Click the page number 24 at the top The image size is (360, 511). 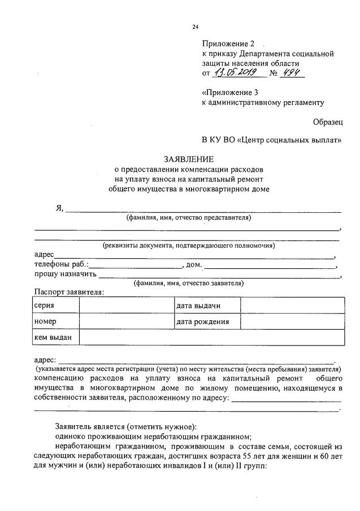pyautogui.click(x=195, y=27)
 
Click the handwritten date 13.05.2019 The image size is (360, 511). pyautogui.click(x=235, y=73)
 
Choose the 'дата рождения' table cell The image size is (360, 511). pyautogui.click(x=202, y=321)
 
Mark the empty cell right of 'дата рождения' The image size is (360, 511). pyautogui.click(x=292, y=321)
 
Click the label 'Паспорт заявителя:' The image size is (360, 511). pyautogui.click(x=69, y=292)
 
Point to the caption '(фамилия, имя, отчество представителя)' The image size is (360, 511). pyautogui.click(x=189, y=217)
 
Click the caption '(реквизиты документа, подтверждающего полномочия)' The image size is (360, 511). pyautogui.click(x=188, y=246)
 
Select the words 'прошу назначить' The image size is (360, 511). pyautogui.click(x=65, y=274)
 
